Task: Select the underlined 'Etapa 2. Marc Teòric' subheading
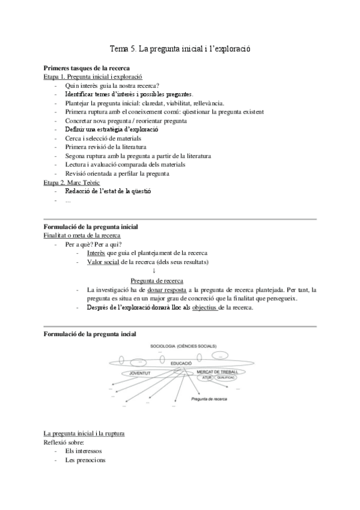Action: click(x=72, y=182)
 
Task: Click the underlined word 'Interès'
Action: click(x=96, y=253)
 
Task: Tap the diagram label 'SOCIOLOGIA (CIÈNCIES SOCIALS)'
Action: click(x=184, y=346)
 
